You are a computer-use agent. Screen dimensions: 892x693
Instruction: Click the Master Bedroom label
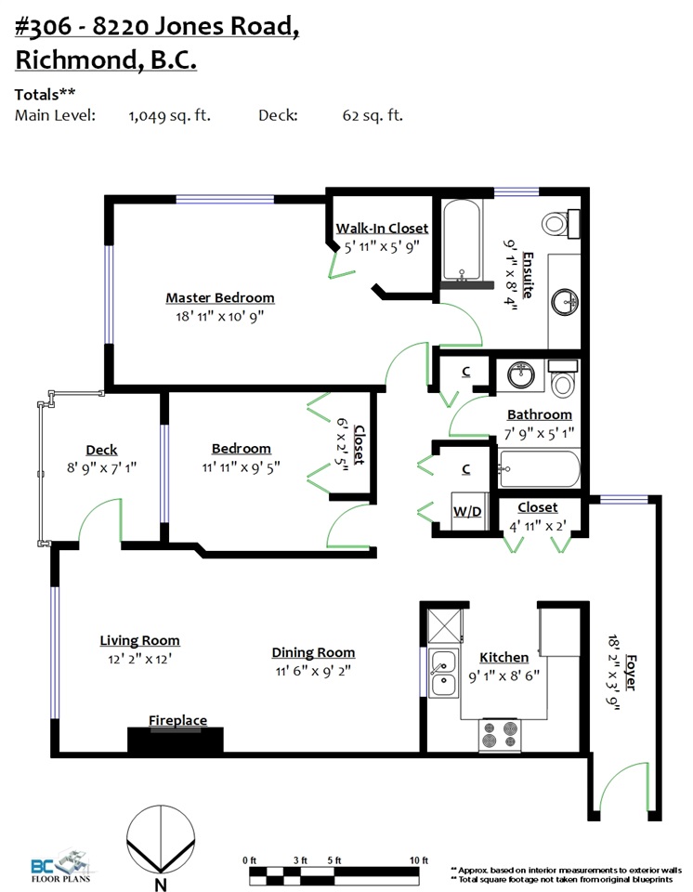(220, 297)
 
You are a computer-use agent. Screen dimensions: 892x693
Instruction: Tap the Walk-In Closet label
(382, 228)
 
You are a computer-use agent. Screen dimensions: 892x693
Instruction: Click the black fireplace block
(176, 741)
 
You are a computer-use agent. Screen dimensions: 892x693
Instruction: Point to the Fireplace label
(177, 720)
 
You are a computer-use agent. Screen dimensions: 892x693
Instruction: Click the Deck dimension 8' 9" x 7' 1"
(101, 468)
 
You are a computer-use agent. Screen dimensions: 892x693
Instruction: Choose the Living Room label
(139, 640)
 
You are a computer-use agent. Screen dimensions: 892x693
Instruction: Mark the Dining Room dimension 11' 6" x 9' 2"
(313, 671)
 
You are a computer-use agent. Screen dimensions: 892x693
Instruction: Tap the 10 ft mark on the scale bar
(418, 860)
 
